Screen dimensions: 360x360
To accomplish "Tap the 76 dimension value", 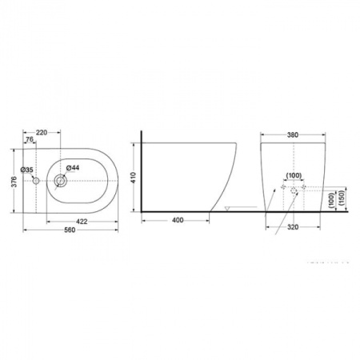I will pos(30,142).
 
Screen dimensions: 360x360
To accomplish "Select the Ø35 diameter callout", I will pos(26,170).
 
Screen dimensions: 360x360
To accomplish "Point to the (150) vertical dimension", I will pos(342,198).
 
